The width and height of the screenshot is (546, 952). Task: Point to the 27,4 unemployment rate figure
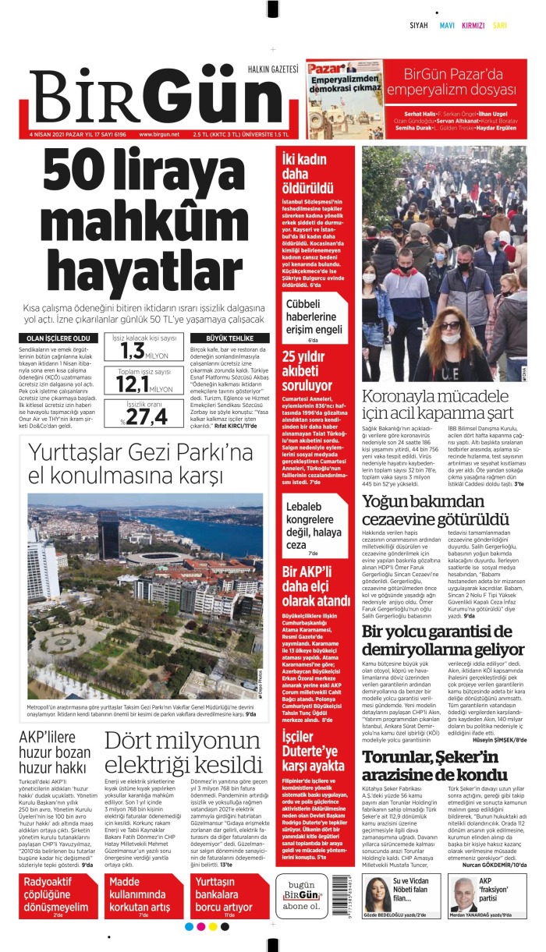144,417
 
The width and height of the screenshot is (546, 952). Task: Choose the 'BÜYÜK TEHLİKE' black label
229,338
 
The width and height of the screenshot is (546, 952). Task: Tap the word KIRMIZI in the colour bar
473,25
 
